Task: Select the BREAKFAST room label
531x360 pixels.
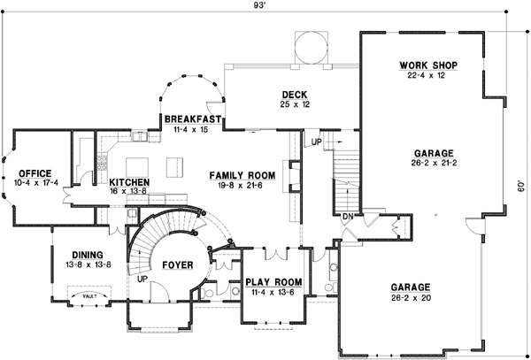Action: [x=192, y=119]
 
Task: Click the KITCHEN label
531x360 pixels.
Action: [x=129, y=182]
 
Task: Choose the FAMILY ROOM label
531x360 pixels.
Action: [x=242, y=176]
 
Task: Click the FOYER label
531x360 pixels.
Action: [x=180, y=263]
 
